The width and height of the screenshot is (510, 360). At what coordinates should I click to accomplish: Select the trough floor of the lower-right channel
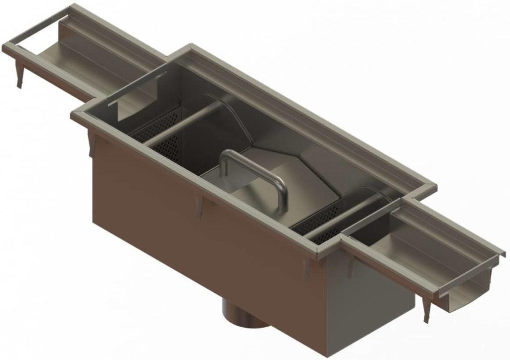(423, 259)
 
